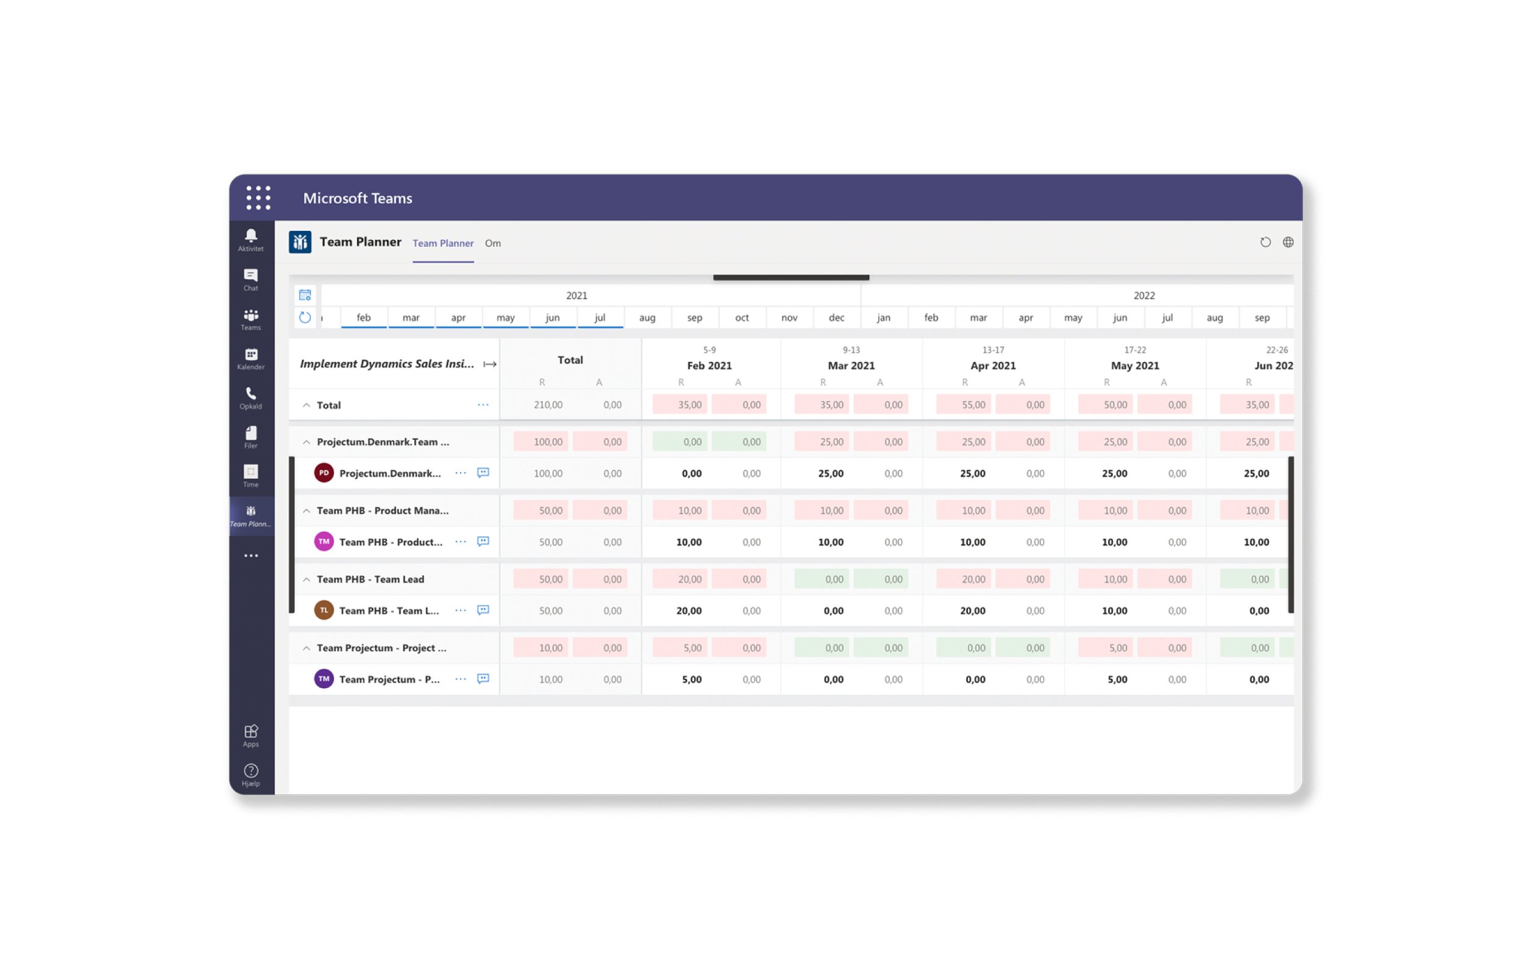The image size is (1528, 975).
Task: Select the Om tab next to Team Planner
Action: (x=492, y=243)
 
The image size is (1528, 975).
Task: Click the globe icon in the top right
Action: (x=1287, y=243)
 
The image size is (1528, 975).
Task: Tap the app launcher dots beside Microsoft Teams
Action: (x=258, y=198)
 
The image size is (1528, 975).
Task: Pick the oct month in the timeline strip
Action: (x=741, y=317)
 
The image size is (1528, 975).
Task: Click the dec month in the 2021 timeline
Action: (x=836, y=317)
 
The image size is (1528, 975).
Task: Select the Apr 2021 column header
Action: (x=992, y=366)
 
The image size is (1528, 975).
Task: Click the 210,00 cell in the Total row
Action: (x=547, y=405)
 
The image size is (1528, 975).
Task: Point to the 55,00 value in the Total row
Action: (x=973, y=405)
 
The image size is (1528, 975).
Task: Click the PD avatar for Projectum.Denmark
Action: (x=324, y=473)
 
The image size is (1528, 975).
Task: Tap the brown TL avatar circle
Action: (x=324, y=610)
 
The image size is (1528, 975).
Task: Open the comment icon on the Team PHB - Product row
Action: (x=483, y=542)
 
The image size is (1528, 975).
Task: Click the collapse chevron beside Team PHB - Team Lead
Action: (x=307, y=579)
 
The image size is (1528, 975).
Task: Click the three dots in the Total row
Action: (x=483, y=405)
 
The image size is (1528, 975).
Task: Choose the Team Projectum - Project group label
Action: (x=382, y=648)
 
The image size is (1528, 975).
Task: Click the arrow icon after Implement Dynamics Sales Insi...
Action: (x=490, y=364)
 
